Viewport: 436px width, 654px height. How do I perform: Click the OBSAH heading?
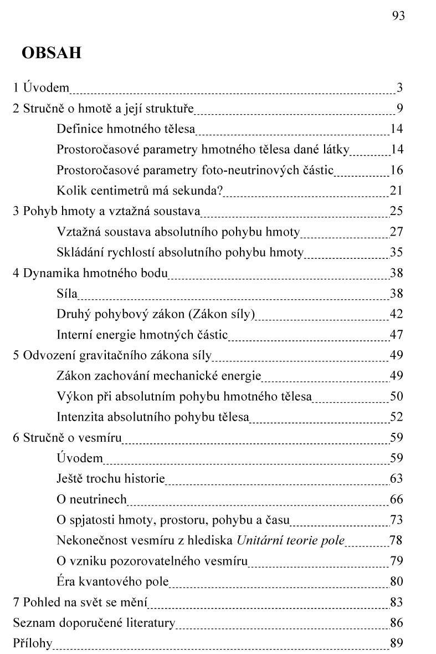pos(51,53)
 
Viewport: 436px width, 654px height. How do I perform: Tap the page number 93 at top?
pos(398,16)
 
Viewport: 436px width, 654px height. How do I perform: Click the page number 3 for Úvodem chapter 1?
pos(399,88)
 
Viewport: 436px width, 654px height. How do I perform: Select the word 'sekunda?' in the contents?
pos(202,191)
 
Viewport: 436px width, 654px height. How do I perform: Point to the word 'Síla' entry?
pos(67,293)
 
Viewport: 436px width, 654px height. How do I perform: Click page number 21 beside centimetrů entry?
pos(396,191)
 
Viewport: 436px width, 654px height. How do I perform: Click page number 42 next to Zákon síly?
pos(396,314)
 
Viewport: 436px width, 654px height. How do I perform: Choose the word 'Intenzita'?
pos(79,417)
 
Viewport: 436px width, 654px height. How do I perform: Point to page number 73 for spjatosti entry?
pos(396,520)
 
